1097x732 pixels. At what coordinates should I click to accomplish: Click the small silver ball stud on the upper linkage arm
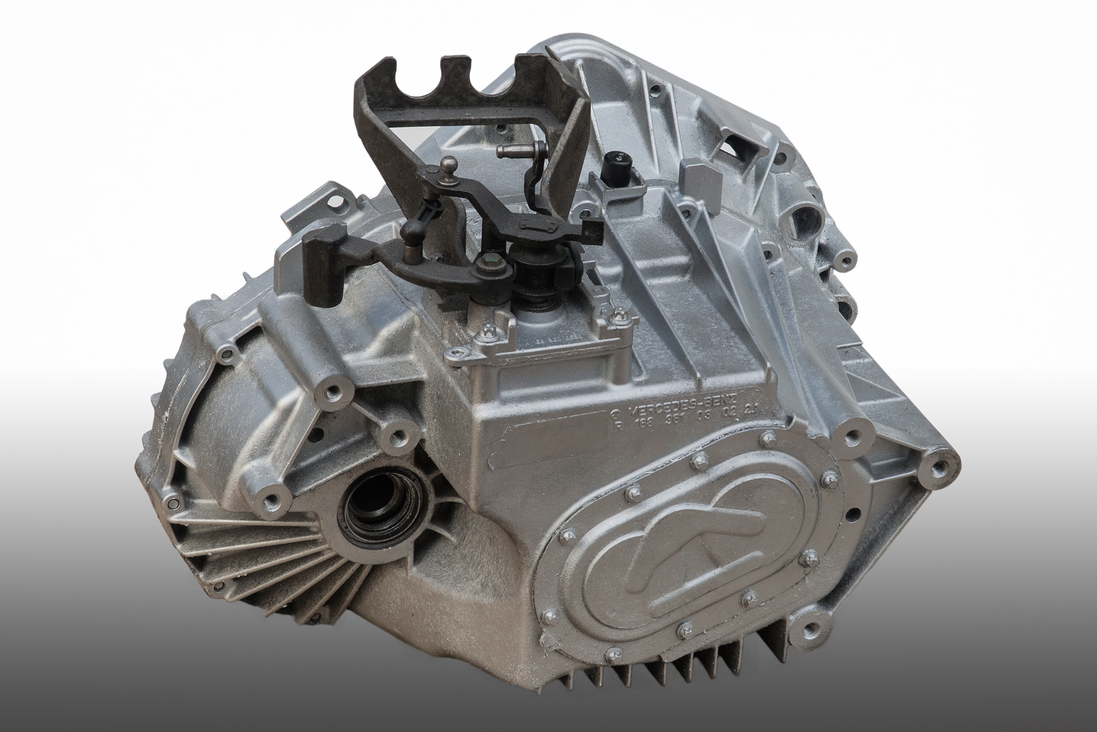(450, 163)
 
